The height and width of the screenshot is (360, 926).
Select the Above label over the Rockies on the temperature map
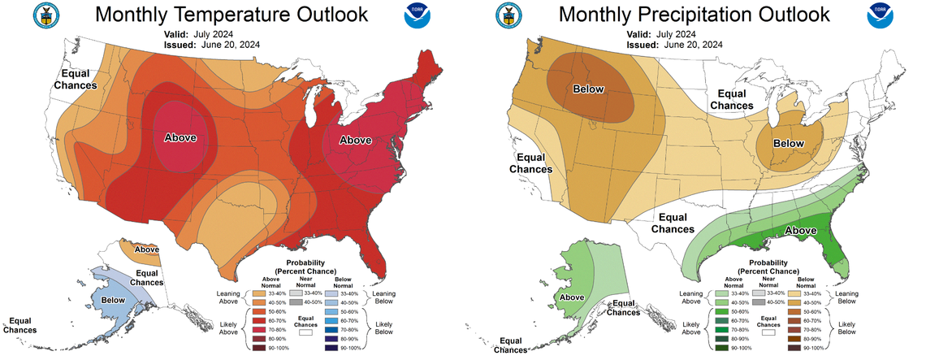[x=180, y=137]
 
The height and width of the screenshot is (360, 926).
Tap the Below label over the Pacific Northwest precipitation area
[x=589, y=89]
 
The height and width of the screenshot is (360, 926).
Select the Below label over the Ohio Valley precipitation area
[x=788, y=143]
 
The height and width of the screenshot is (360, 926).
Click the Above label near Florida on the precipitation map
[x=801, y=231]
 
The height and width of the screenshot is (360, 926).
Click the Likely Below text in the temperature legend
[x=379, y=326]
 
